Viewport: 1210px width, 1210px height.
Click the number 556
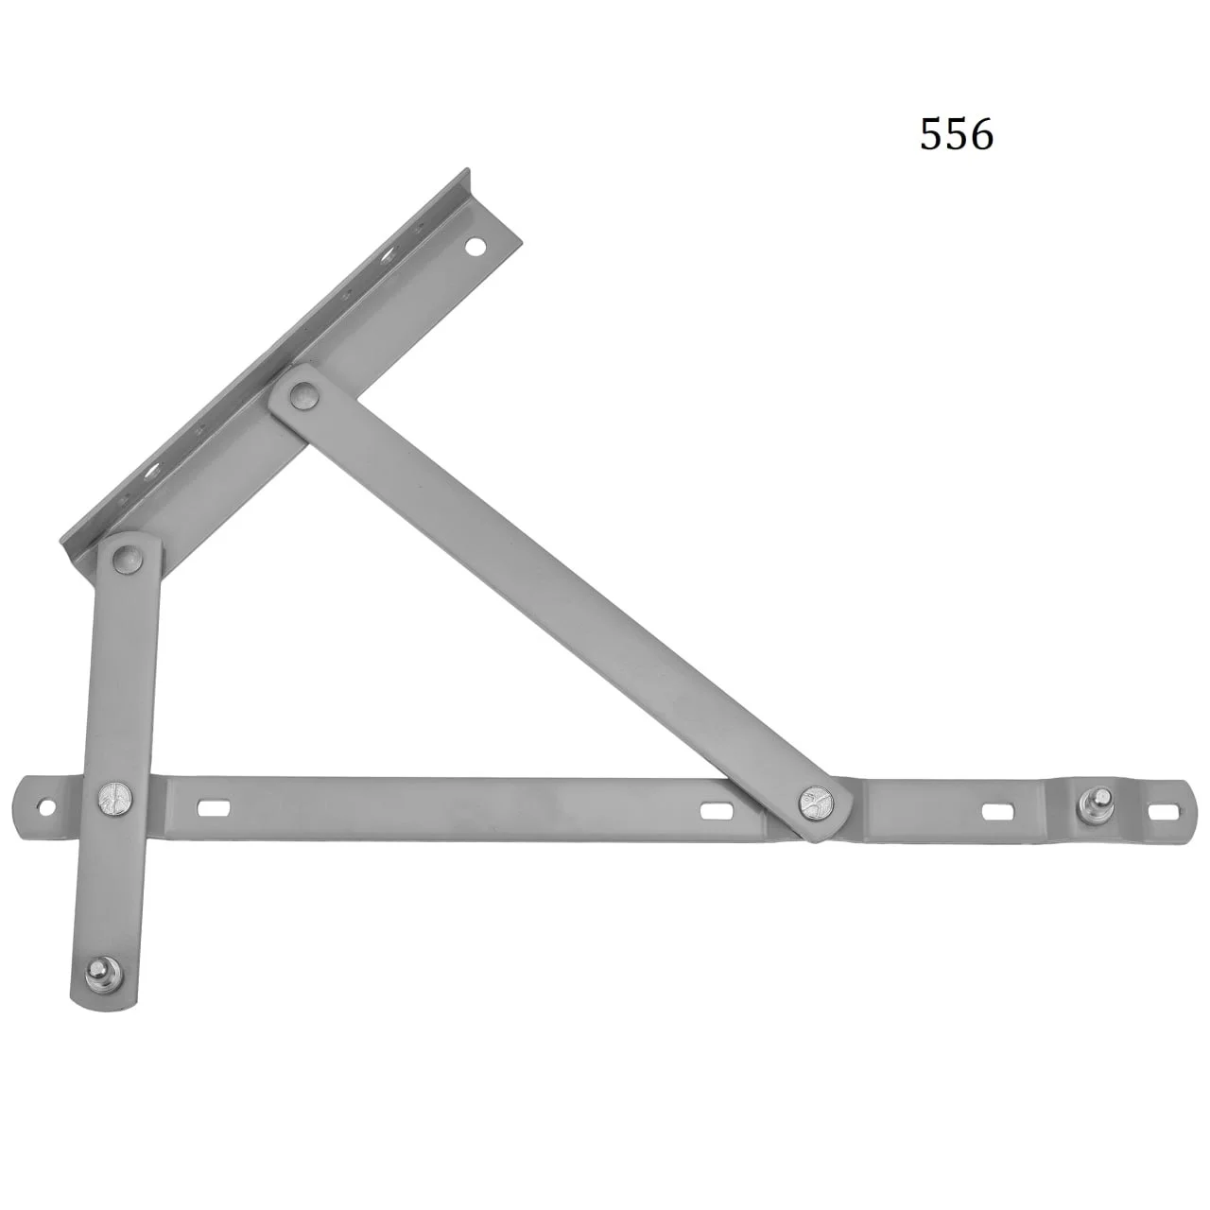click(957, 134)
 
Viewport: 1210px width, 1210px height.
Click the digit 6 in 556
click(981, 134)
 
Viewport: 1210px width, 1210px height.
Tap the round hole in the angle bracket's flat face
click(475, 246)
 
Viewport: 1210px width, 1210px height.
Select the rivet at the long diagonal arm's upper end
click(305, 396)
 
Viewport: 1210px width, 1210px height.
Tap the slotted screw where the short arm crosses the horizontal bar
click(115, 798)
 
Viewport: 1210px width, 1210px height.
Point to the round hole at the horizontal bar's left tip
click(46, 807)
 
